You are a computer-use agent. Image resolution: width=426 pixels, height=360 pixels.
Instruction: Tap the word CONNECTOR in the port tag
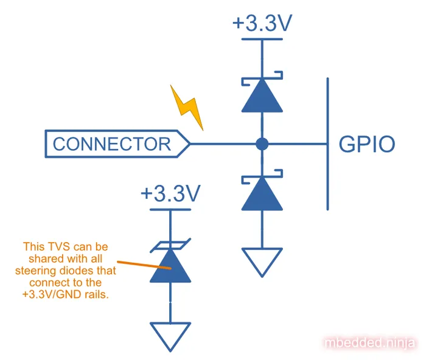click(112, 144)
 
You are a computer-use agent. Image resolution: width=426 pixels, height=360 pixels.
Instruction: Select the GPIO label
click(366, 145)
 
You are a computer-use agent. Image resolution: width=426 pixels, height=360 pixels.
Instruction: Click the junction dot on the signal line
click(262, 144)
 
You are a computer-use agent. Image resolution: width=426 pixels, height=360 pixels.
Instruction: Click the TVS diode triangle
click(170, 268)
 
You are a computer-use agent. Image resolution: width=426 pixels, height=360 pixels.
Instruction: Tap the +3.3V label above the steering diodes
click(262, 24)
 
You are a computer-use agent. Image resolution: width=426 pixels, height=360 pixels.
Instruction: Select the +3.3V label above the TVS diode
click(170, 194)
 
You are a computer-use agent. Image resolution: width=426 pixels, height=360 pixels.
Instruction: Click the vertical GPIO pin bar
click(328, 144)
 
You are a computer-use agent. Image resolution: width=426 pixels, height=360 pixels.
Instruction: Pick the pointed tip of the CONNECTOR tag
click(189, 144)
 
